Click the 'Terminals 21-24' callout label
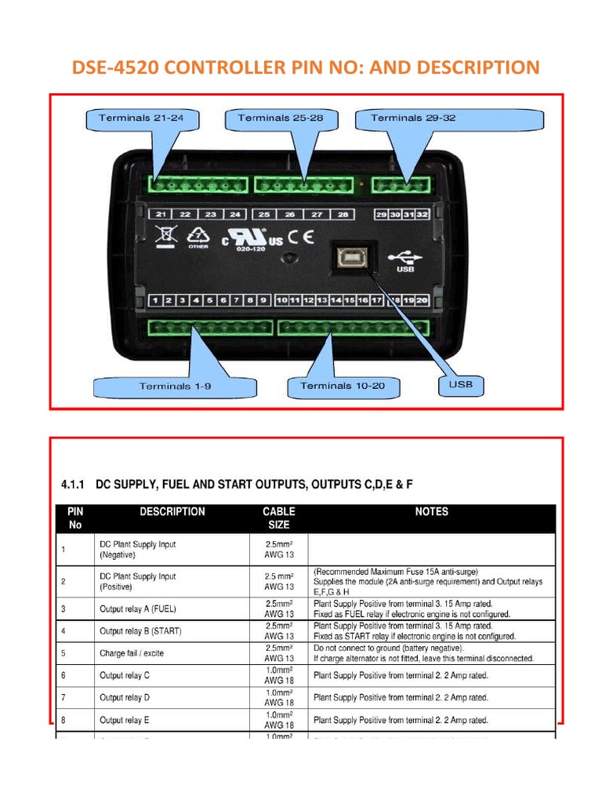point(140,118)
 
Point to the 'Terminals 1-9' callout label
point(175,386)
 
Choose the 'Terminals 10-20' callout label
point(343,386)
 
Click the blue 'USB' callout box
point(459,384)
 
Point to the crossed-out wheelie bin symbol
point(165,235)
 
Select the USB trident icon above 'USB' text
point(405,256)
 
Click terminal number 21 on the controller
point(160,214)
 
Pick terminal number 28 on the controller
point(343,214)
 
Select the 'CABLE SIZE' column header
point(278,518)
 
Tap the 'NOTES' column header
point(431,512)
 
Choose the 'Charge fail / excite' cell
point(132,653)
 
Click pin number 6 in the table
point(62,675)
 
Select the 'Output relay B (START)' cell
point(140,631)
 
